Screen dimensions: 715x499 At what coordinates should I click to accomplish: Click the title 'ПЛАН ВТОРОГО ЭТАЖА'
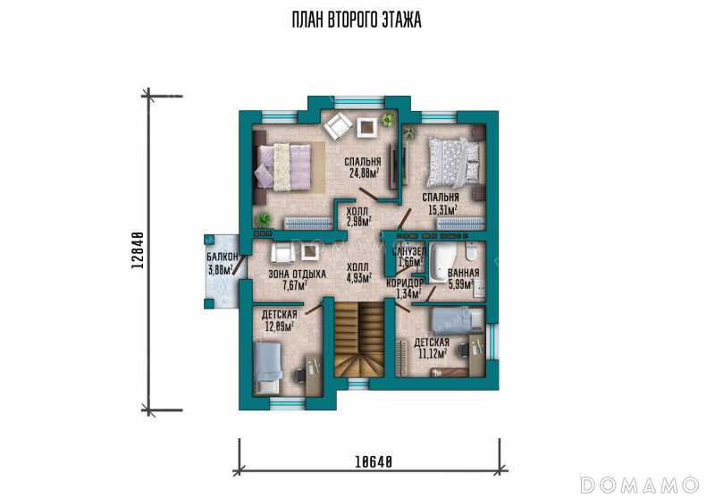click(357, 20)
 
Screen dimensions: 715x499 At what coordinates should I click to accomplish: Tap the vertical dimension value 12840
click(139, 250)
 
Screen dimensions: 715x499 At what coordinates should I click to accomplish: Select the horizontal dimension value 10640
click(374, 462)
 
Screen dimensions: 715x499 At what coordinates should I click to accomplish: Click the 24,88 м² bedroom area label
click(363, 167)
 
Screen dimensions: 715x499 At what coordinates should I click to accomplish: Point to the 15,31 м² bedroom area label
click(441, 203)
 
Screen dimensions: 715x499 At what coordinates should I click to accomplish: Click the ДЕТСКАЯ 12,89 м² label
click(280, 320)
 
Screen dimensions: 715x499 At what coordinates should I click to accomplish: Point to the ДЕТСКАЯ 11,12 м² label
click(432, 348)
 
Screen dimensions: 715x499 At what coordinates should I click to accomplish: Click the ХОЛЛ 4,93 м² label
click(359, 273)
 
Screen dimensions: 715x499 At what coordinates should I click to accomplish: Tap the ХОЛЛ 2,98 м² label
click(359, 216)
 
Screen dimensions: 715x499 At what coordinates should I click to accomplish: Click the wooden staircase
click(359, 339)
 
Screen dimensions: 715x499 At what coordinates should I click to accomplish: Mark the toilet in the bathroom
click(471, 251)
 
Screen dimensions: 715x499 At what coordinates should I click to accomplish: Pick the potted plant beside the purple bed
click(263, 220)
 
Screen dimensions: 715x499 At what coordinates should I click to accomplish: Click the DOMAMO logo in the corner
click(640, 485)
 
